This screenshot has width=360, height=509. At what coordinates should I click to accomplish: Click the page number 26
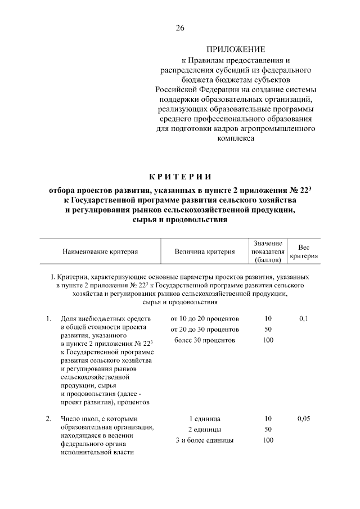[x=180, y=28]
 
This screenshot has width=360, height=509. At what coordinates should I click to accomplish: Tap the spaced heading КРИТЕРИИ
[x=180, y=179]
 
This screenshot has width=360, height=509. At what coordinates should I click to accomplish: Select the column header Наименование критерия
[x=100, y=252]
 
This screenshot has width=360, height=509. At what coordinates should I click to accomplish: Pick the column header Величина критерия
[x=204, y=252]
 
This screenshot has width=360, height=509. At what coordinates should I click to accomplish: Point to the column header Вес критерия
[x=304, y=251]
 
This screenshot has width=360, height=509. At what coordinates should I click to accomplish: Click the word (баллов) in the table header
[x=268, y=260]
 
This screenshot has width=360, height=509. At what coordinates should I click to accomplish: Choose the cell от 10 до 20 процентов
[x=205, y=318]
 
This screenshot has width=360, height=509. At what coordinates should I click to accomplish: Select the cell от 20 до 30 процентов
[x=205, y=329]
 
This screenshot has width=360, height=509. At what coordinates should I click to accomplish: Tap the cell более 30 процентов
[x=205, y=340]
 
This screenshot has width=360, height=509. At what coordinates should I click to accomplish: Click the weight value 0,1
[x=304, y=318]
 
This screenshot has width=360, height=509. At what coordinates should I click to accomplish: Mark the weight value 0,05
[x=304, y=418]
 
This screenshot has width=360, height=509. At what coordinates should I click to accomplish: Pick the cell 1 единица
[x=205, y=419]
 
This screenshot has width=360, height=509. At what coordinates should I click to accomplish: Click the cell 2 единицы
[x=205, y=430]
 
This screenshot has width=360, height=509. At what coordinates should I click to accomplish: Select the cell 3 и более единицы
[x=205, y=440]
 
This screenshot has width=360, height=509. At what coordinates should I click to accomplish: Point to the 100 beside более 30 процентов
[x=268, y=340]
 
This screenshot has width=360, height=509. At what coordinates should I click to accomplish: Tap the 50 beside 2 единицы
[x=268, y=430]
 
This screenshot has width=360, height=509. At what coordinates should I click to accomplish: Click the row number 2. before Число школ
[x=49, y=418]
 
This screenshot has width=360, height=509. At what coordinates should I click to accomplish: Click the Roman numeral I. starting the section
[x=52, y=277]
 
